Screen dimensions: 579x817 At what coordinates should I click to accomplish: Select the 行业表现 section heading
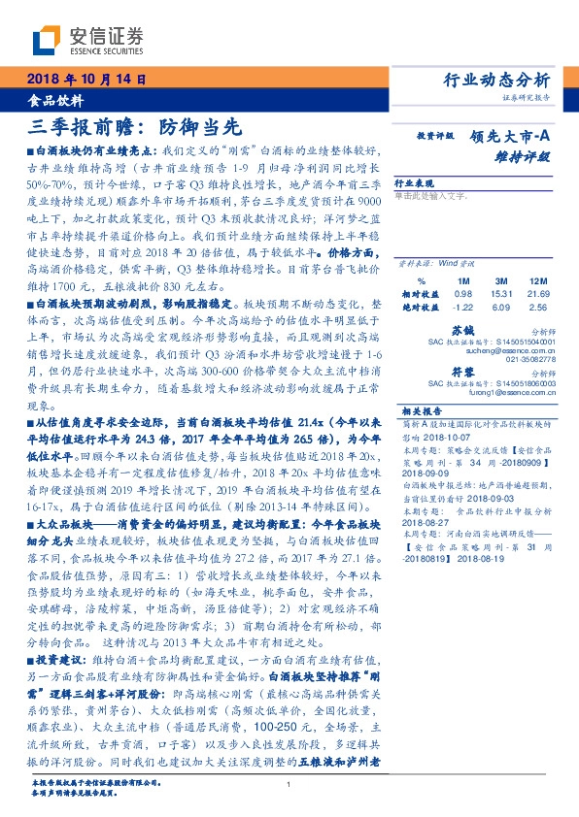pos(413,182)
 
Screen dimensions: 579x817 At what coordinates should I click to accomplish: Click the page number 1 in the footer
pos(289,786)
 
